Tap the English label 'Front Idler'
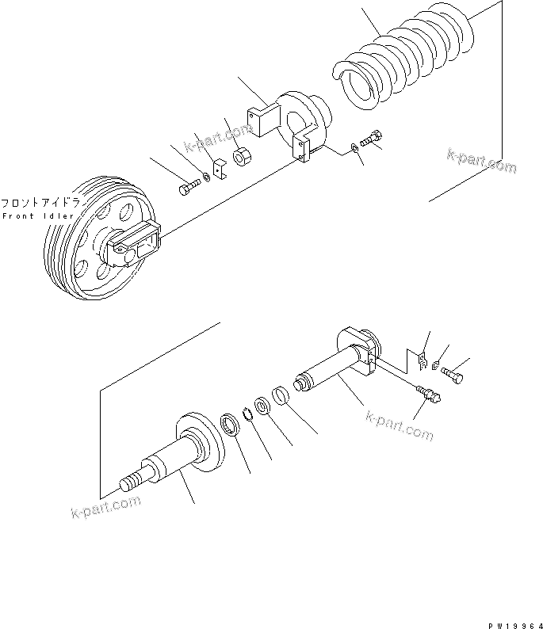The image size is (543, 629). click(x=38, y=216)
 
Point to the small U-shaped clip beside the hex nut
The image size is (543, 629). click(x=220, y=169)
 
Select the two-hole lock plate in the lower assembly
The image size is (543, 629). click(x=421, y=361)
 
